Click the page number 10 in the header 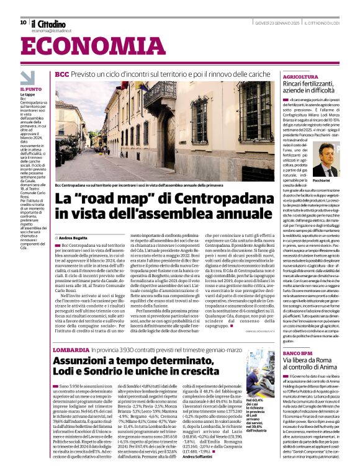[23, 22]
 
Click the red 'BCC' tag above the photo [61, 74]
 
